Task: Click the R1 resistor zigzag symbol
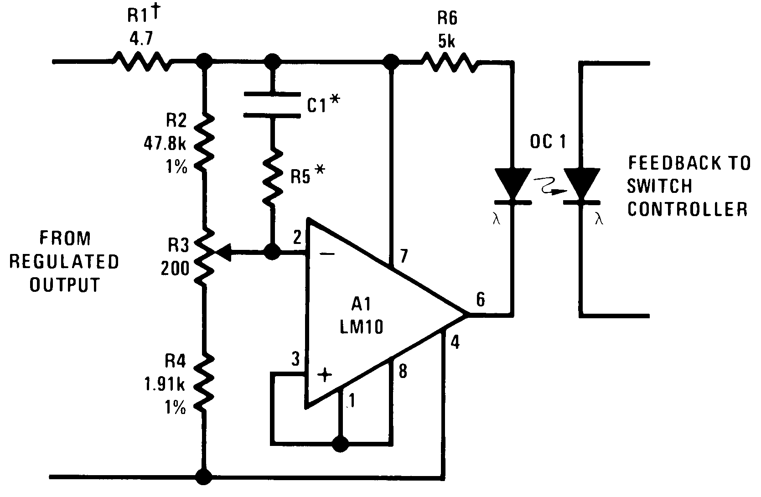pos(143,61)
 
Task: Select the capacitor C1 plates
pos(272,104)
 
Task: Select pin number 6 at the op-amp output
pos(480,300)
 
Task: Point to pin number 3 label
pos(295,360)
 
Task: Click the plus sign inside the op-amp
pos(325,375)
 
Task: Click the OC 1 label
pos(548,142)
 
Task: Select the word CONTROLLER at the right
pos(688,209)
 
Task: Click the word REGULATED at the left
pos(64,262)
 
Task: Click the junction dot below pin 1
pos(340,443)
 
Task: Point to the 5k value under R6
pos(447,42)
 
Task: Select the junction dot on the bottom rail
pos(203,477)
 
